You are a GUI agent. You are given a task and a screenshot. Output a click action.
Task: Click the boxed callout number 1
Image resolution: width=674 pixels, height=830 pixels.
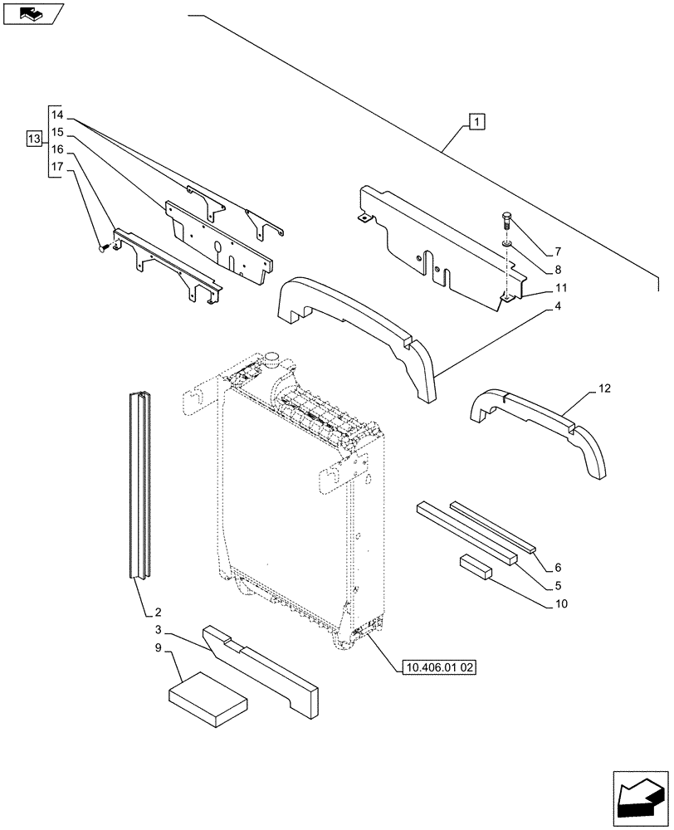476,123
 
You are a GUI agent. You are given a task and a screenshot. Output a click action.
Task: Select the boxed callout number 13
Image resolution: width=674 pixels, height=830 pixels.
33,139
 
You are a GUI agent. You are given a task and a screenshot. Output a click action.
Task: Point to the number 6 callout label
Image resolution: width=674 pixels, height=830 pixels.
558,568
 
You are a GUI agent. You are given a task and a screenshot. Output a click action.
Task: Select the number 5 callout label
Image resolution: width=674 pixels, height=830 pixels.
558,585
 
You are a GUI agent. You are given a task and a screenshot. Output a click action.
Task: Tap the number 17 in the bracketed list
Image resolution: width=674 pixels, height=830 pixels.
56,167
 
